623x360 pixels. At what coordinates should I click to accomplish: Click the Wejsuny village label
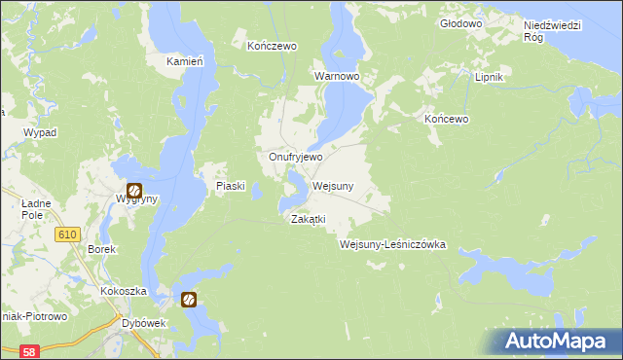(333, 186)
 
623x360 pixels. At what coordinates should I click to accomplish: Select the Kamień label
(184, 61)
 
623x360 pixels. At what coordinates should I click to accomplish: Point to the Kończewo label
(272, 46)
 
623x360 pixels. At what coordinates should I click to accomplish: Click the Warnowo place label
(337, 75)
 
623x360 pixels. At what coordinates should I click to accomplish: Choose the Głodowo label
(461, 22)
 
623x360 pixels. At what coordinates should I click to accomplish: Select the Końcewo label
(448, 119)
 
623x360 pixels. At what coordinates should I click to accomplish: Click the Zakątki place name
(308, 219)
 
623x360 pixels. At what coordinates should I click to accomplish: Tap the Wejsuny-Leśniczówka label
(392, 244)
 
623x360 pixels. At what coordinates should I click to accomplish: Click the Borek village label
(102, 249)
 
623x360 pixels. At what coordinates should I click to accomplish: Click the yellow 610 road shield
(67, 234)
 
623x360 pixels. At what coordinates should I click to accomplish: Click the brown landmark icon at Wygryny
(134, 191)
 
